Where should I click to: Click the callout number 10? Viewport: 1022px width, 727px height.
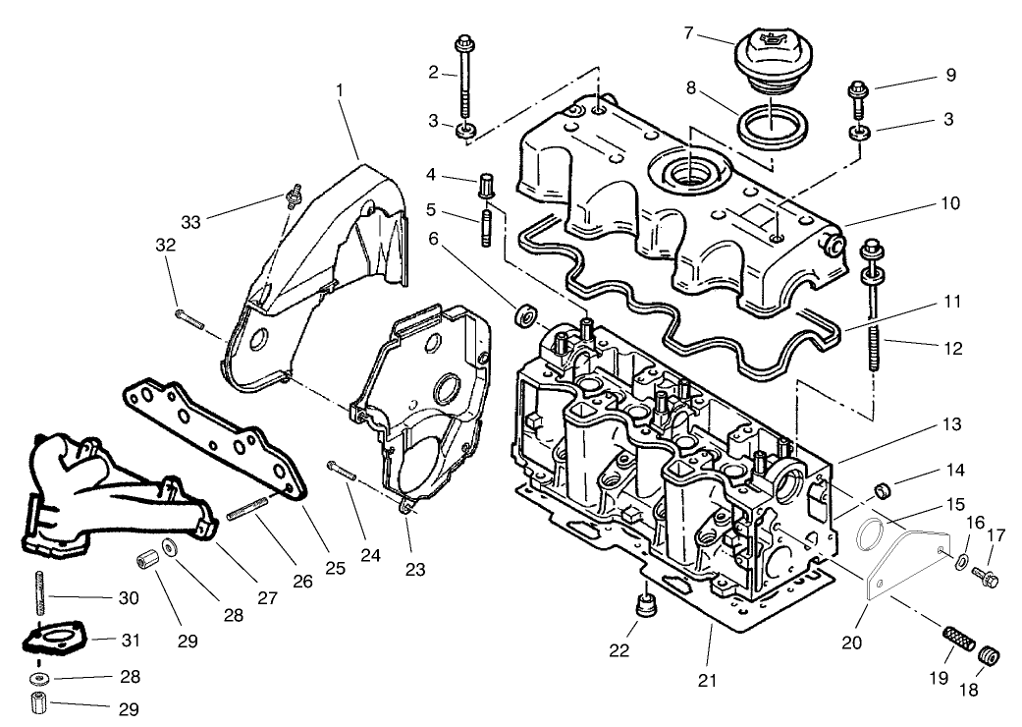(948, 203)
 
